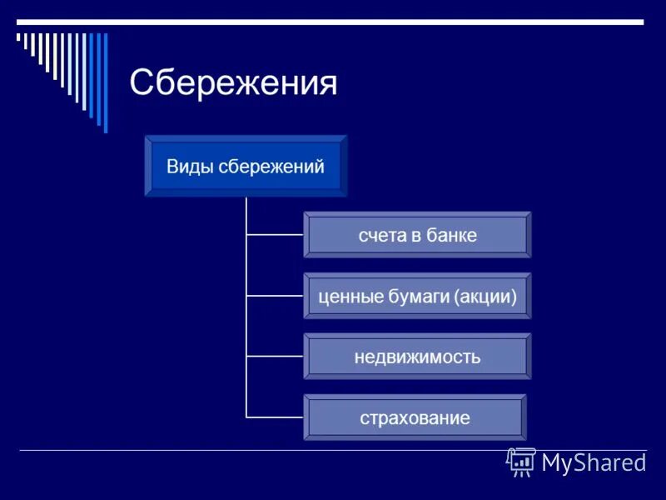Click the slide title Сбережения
(x=233, y=83)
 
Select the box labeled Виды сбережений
(x=246, y=166)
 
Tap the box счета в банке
(x=417, y=235)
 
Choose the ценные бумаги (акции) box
(x=417, y=296)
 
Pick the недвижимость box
(x=417, y=357)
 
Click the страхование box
(x=415, y=417)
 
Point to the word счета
(x=380, y=235)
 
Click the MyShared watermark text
(x=594, y=462)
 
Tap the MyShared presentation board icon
(x=521, y=461)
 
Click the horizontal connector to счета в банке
(x=275, y=235)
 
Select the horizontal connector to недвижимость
(x=275, y=357)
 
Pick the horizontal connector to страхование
(x=275, y=417)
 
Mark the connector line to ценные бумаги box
(x=275, y=296)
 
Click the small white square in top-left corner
(x=18, y=36)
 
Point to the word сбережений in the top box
(x=271, y=166)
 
